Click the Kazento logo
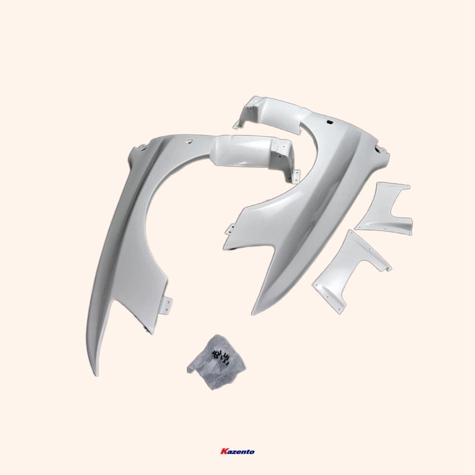(x=237, y=451)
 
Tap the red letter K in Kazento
(x=223, y=451)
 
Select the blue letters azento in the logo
(x=240, y=452)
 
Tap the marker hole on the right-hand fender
(x=327, y=122)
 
